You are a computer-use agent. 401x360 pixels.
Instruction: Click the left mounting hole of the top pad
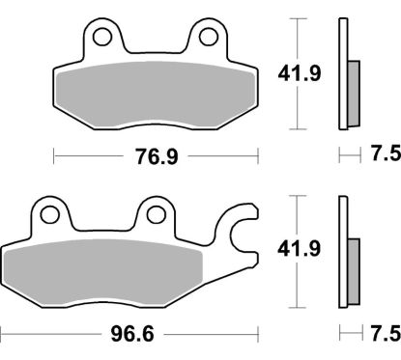[x=103, y=37]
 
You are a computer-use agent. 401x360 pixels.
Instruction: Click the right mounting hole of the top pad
[x=207, y=37]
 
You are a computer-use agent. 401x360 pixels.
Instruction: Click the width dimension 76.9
[x=156, y=154]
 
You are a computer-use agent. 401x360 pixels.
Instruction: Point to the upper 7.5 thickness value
[x=383, y=154]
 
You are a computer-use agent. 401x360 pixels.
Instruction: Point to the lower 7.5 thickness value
[x=383, y=334]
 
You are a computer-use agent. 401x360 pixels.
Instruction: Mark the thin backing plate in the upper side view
[x=342, y=73]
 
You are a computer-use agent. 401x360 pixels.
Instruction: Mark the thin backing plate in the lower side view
[x=342, y=252]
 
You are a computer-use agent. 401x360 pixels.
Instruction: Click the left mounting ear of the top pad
[x=103, y=43]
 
